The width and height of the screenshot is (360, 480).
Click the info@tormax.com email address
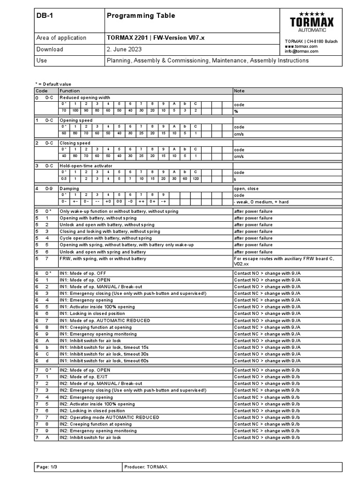[301, 51]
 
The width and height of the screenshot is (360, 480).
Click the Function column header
[69, 90]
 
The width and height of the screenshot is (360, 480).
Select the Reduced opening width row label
[84, 97]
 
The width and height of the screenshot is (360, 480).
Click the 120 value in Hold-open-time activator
[196, 179]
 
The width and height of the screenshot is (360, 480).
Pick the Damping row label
[69, 188]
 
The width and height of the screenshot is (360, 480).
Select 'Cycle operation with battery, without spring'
[105, 238]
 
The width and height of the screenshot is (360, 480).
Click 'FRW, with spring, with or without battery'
[103, 258]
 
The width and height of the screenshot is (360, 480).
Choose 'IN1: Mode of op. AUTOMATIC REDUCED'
[105, 320]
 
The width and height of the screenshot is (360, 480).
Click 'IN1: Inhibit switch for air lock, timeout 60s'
[104, 361]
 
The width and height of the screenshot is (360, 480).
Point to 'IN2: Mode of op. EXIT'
[83, 376]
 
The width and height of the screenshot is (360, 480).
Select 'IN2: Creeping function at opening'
[96, 424]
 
